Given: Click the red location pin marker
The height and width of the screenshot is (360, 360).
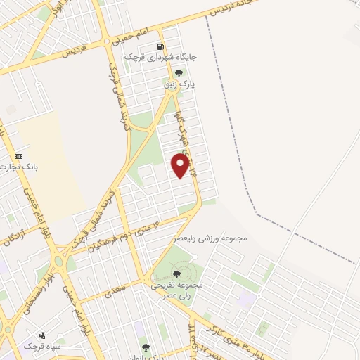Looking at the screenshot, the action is (181, 165).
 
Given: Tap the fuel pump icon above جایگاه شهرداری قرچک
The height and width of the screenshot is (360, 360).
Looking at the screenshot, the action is (161, 47).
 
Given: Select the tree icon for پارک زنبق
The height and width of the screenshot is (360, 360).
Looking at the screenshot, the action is (179, 72).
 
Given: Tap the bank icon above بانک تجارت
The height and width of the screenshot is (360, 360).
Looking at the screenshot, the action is (18, 155).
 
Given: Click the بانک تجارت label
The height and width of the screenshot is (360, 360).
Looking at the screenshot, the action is (19, 167).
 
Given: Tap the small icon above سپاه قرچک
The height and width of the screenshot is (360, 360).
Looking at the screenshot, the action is (43, 335).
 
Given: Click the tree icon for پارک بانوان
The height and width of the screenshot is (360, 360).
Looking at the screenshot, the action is (146, 347).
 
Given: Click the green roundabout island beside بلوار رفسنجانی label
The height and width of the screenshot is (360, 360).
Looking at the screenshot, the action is (58, 261).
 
